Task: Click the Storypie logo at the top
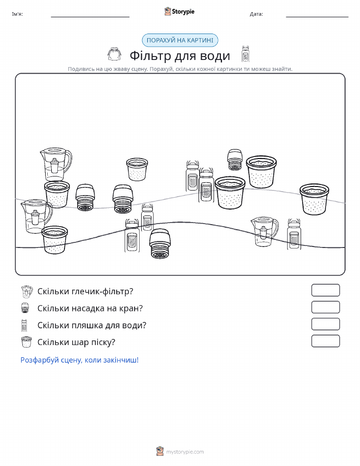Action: (x=179, y=11)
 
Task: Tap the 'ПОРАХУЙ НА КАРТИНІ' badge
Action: (x=180, y=40)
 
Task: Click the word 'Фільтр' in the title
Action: (x=150, y=55)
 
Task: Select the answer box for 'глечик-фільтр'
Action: (x=325, y=290)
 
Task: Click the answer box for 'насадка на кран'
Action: (x=325, y=307)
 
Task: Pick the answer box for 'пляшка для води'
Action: (x=325, y=324)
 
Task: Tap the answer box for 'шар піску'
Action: (x=325, y=341)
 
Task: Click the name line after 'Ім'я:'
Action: (x=90, y=17)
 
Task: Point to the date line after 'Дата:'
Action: (x=317, y=17)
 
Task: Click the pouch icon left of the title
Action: (x=114, y=54)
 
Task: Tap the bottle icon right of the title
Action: (x=245, y=54)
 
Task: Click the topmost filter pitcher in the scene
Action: (x=56, y=164)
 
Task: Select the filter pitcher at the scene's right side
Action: (x=265, y=232)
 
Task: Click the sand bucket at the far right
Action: (x=314, y=199)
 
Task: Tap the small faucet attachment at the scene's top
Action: (x=235, y=160)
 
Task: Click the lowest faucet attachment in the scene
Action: (x=160, y=244)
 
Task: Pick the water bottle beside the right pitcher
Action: (x=294, y=234)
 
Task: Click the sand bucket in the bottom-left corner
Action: (x=54, y=240)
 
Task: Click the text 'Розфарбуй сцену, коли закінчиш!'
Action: (x=80, y=360)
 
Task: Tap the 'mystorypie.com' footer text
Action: (x=185, y=452)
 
